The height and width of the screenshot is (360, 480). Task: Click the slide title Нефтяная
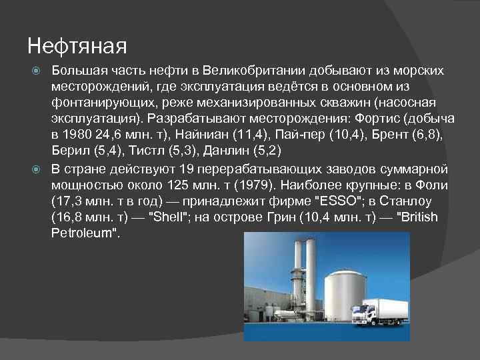click(77, 47)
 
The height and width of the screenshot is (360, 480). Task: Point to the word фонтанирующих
click(93, 103)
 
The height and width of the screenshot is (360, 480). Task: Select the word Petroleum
click(82, 233)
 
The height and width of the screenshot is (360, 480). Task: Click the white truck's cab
click(364, 313)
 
